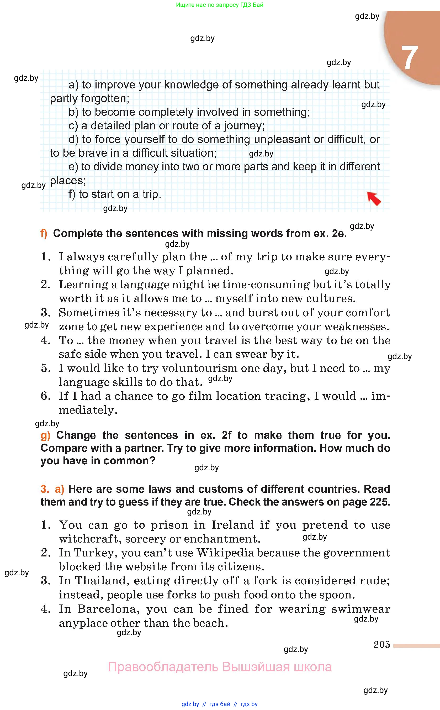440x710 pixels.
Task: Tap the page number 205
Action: [x=381, y=644]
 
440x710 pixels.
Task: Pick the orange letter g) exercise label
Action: [x=45, y=435]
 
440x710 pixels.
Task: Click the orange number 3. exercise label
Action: [x=45, y=489]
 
